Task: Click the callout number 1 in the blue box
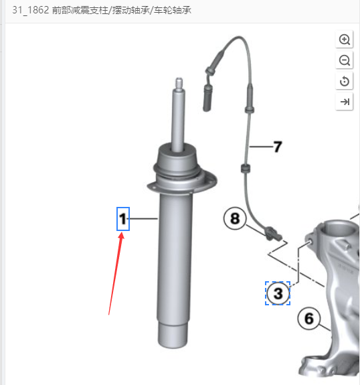click(x=123, y=219)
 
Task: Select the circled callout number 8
click(x=235, y=218)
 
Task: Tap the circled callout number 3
click(x=278, y=293)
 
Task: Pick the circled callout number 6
click(x=309, y=319)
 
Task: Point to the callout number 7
click(x=278, y=147)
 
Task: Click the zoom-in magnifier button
click(x=345, y=40)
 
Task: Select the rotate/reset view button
click(x=345, y=81)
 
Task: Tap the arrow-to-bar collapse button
click(x=345, y=101)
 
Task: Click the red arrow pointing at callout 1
click(x=115, y=274)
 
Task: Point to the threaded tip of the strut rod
click(x=179, y=84)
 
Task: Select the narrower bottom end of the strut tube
click(x=173, y=335)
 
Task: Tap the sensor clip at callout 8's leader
click(x=271, y=234)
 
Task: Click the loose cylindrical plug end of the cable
click(x=207, y=98)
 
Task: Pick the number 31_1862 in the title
click(x=30, y=10)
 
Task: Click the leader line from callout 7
click(x=261, y=147)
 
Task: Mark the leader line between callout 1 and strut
click(x=144, y=218)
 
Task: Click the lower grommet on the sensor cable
click(x=245, y=169)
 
